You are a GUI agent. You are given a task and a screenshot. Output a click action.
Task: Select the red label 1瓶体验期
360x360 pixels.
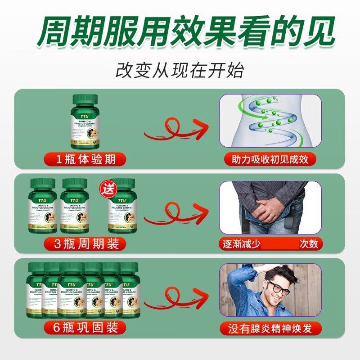tap(85, 159)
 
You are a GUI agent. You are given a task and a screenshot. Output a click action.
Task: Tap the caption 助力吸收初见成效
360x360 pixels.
tap(270, 159)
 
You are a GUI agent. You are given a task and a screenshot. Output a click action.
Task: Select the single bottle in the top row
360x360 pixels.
tap(85, 122)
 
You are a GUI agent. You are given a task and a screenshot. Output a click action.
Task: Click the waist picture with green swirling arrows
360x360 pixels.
tap(270, 121)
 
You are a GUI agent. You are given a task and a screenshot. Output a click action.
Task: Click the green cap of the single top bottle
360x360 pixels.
tap(85, 99)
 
